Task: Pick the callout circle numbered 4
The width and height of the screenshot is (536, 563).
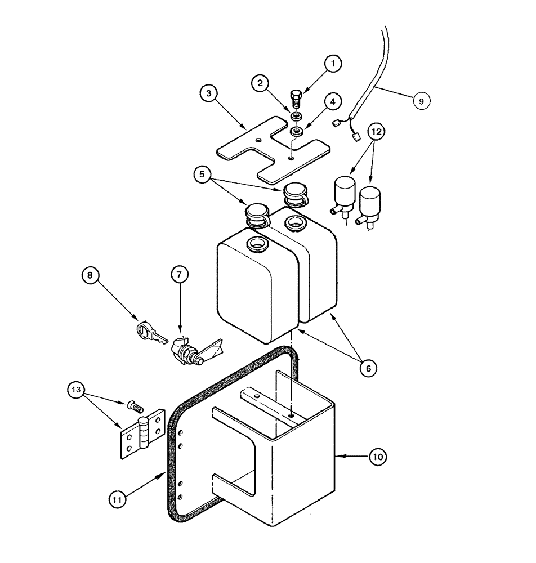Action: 333,102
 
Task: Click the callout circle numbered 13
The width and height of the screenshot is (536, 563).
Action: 78,390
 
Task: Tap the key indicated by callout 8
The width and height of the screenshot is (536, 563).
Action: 149,333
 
